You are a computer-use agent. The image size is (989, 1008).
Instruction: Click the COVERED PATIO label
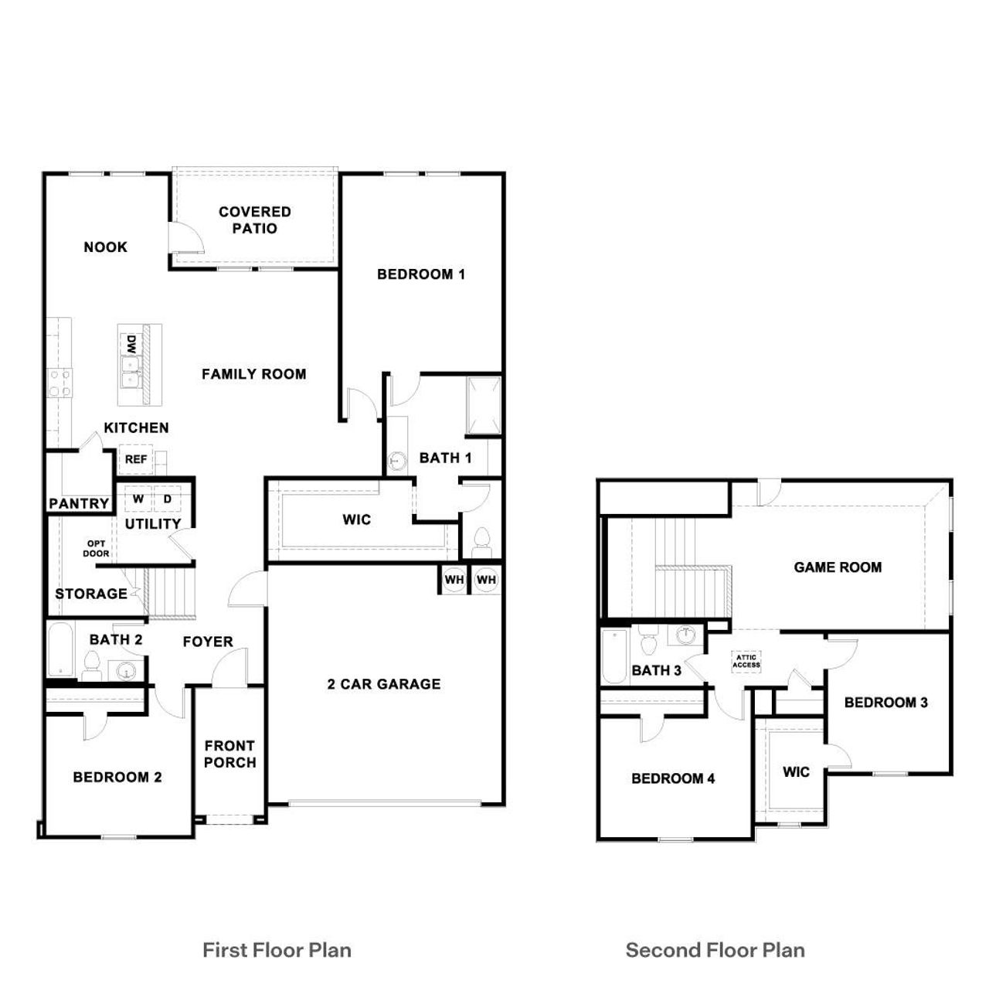pos(254,220)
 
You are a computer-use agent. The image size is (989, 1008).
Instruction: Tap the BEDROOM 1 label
pos(421,274)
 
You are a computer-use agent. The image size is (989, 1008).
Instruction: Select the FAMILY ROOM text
pos(253,374)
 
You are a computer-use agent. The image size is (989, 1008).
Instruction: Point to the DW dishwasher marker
pos(131,342)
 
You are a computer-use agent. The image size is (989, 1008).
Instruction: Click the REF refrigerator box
pos(136,459)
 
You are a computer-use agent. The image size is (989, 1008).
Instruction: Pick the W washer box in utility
pos(138,499)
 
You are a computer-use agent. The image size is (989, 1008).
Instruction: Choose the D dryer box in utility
pos(167,499)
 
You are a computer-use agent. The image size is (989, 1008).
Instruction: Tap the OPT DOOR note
pos(96,549)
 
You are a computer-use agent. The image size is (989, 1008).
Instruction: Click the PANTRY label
pos(79,504)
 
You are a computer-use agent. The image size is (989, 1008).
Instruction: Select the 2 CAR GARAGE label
pos(384,684)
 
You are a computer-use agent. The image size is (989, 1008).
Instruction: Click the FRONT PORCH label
pos(229,754)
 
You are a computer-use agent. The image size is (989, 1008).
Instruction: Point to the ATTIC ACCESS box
pos(746,661)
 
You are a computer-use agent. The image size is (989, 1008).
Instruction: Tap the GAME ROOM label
pos(838,567)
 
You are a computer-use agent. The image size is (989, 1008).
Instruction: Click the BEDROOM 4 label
pos(673,778)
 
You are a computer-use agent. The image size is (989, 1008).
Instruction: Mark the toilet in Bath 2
pos(92,665)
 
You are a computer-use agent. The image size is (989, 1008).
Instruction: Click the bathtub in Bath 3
pos(614,656)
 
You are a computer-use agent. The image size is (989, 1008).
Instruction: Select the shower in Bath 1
pos(484,407)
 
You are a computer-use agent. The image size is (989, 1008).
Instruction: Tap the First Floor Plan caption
pos(277,950)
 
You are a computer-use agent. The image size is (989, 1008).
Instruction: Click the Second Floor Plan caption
pos(715,950)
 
